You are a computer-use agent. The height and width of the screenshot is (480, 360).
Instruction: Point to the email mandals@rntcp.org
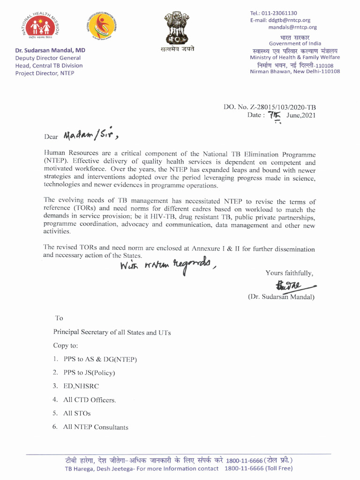(292, 27)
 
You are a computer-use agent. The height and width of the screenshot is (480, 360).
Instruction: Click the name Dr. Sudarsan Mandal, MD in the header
(50, 50)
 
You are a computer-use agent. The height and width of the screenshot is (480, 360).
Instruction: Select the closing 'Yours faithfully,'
(289, 273)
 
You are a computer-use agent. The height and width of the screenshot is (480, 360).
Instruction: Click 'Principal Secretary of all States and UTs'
(112, 332)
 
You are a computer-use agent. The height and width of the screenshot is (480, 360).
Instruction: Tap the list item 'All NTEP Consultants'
(96, 427)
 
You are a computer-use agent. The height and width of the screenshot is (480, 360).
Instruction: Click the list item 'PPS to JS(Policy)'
(89, 373)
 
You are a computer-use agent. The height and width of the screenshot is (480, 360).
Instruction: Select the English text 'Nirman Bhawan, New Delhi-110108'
(295, 71)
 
